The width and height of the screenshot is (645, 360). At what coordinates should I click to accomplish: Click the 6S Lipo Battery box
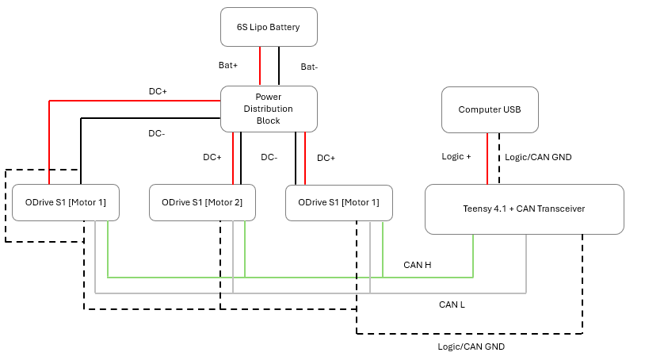point(269,27)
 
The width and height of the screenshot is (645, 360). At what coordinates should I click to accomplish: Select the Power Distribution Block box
point(269,109)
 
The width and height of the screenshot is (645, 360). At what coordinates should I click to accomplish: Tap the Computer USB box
point(490,109)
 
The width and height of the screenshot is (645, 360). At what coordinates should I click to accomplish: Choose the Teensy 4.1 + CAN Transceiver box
point(524,209)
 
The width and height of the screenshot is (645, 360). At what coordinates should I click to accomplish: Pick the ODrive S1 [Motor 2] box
point(202,202)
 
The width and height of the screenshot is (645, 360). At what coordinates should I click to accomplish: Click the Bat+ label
point(229,65)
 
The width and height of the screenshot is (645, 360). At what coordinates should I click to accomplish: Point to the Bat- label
point(309,67)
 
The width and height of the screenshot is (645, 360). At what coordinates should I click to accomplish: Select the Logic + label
point(456,156)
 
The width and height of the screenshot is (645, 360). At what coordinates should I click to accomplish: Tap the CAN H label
point(418,265)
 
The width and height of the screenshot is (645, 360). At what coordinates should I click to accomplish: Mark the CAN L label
point(452,304)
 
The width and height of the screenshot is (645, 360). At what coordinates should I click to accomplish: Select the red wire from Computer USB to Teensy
point(487,158)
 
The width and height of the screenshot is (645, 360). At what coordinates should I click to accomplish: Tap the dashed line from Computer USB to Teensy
point(499,158)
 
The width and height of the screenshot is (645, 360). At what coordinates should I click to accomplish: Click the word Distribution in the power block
point(269,109)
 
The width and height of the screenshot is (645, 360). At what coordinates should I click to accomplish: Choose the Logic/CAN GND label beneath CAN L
point(471,347)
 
